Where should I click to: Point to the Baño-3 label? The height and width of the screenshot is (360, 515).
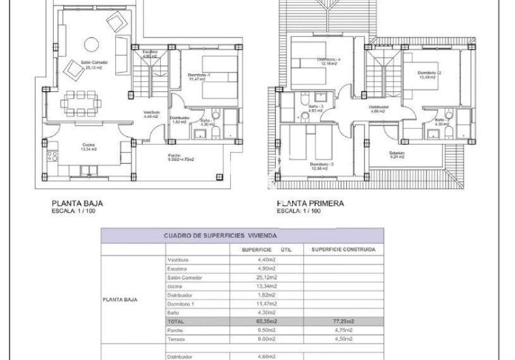pos(314,108)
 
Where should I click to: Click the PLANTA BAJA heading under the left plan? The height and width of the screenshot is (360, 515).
pos(78,203)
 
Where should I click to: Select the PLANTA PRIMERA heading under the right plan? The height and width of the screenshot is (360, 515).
pos(311,203)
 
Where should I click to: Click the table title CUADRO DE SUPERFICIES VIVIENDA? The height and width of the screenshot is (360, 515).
pos(215,236)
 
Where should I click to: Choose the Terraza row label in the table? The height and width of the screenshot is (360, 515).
pos(177,338)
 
